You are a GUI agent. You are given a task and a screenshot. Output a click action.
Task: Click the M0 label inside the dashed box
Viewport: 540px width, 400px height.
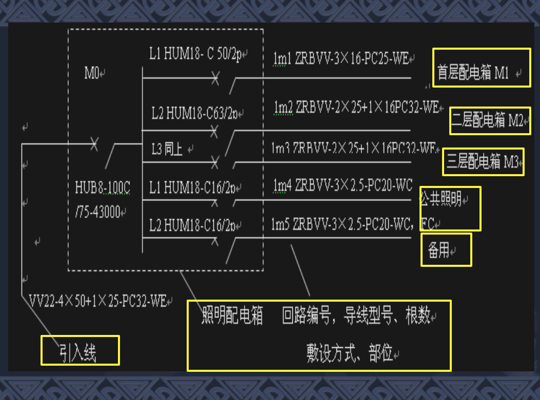[x=93, y=73]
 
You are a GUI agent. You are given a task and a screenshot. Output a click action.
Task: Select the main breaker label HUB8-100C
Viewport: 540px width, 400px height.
[x=103, y=188]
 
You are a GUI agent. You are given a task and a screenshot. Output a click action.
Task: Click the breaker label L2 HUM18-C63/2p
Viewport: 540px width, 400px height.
[x=195, y=113]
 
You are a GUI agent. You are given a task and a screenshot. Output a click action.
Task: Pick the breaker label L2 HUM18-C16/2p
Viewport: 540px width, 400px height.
[x=193, y=224]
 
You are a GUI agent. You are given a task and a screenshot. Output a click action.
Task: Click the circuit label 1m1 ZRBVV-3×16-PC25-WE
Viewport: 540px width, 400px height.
[x=341, y=59]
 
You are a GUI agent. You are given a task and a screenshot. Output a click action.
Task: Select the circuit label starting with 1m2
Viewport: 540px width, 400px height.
[x=356, y=108]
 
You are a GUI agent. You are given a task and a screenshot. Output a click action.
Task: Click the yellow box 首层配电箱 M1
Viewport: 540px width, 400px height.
[x=481, y=68]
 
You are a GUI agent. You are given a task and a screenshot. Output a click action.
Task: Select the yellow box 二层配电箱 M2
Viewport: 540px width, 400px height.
[x=489, y=121]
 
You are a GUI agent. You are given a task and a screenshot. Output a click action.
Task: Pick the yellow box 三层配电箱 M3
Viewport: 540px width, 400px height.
[x=483, y=162]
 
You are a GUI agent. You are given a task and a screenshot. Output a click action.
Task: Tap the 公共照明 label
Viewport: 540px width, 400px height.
[x=441, y=200]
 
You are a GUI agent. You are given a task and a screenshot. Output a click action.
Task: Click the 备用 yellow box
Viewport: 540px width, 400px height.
[x=446, y=250]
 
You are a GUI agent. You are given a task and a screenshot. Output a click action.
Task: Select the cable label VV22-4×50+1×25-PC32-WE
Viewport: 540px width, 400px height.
[x=97, y=301]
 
